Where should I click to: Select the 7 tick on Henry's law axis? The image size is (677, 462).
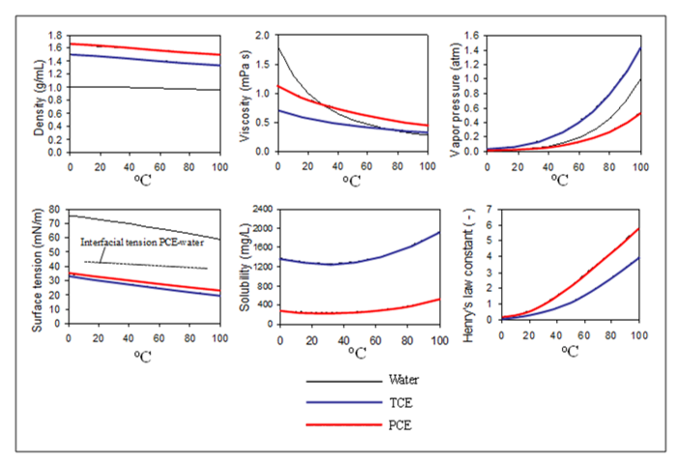(x=489, y=210)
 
